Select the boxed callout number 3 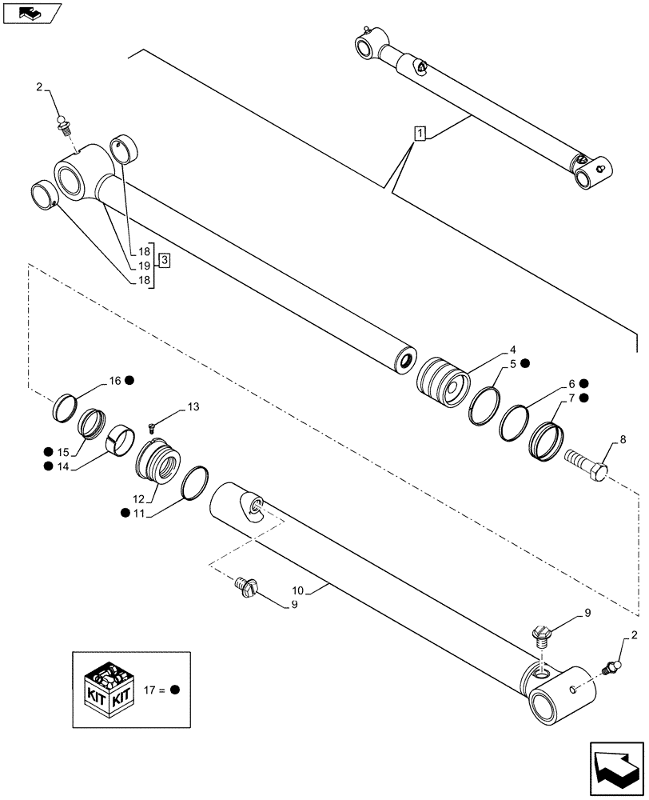point(163,259)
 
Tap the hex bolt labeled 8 point(587,466)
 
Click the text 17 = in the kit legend point(153,689)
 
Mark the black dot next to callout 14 point(49,466)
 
